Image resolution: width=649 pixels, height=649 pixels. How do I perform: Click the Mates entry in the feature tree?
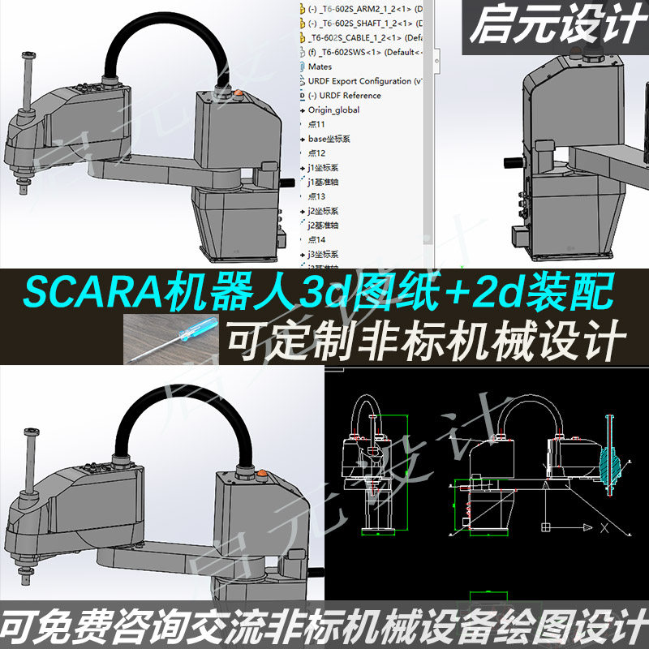(x=320, y=67)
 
